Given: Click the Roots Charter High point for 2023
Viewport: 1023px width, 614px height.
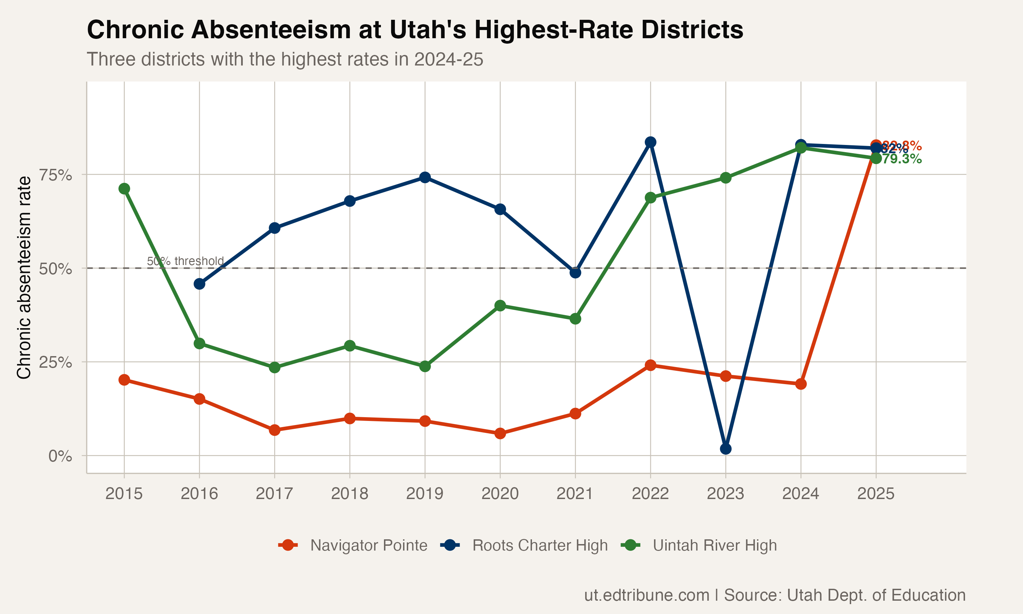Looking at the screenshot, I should pos(726,449).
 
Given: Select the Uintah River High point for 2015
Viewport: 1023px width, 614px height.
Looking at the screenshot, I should pos(124,189).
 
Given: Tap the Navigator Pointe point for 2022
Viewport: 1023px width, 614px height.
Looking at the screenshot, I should pos(650,365).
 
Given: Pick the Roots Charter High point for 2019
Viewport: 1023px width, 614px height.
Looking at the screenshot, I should pos(425,177).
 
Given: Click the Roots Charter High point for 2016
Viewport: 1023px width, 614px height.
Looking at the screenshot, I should pos(199,284).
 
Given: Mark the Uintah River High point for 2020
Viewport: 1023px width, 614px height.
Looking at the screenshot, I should pos(500,306).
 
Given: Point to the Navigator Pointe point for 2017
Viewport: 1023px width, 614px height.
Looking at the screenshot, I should pos(275,430).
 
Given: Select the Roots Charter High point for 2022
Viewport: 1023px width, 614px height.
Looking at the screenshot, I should pos(650,142).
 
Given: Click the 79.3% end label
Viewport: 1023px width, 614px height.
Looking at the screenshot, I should pos(901,159).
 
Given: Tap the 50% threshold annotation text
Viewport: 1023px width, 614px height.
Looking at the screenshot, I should pos(185,261).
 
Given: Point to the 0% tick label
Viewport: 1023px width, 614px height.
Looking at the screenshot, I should pos(60,456).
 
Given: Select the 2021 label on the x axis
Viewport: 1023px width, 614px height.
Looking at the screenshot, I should pos(575,494).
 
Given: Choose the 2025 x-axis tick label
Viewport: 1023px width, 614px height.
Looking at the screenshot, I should pos(876,494).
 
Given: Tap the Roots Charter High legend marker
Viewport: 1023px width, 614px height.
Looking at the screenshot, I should pos(450,545).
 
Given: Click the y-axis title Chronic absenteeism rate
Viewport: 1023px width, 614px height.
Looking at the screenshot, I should pos(24,277).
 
